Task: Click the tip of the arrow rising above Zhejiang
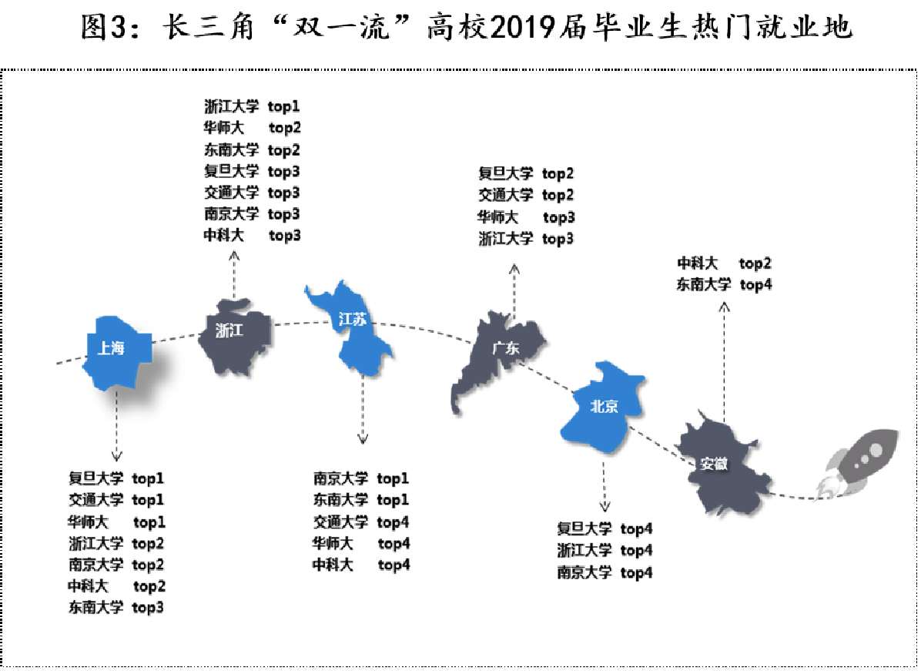(x=234, y=251)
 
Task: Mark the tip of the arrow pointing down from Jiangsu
(x=363, y=444)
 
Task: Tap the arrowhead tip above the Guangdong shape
(x=514, y=264)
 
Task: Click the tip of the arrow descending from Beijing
(x=604, y=512)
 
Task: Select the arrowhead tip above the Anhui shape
(x=724, y=303)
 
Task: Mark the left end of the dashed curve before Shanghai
(x=57, y=364)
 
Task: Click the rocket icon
(x=859, y=461)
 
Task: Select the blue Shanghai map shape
(x=116, y=352)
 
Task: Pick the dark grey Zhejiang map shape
(x=234, y=336)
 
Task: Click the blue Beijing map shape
(x=603, y=407)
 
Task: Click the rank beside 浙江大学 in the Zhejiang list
(x=283, y=106)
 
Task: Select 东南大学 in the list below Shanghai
(x=95, y=607)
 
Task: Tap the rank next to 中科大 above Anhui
(x=755, y=263)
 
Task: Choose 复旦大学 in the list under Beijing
(x=584, y=528)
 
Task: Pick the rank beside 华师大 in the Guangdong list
(x=558, y=217)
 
